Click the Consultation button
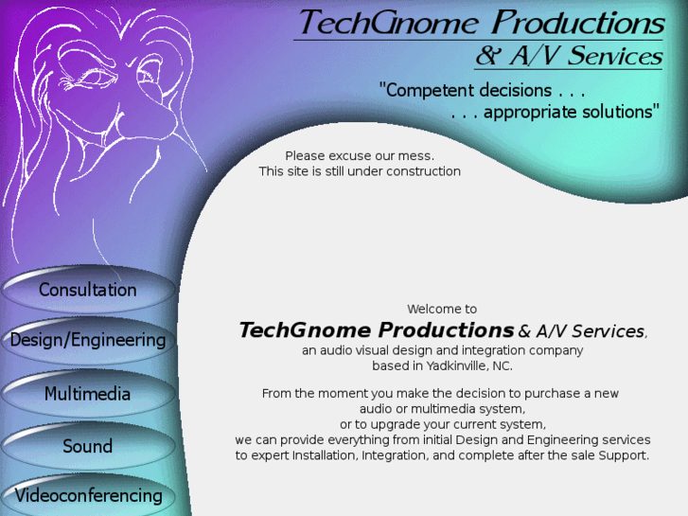(x=87, y=290)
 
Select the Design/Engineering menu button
(x=87, y=340)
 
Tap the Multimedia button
(x=87, y=394)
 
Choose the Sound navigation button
(x=87, y=446)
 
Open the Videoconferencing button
(x=88, y=495)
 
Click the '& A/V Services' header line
(x=568, y=57)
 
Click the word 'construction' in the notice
(x=423, y=171)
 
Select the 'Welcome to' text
(x=442, y=309)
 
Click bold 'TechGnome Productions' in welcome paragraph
(x=376, y=330)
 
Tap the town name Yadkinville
(x=451, y=365)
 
